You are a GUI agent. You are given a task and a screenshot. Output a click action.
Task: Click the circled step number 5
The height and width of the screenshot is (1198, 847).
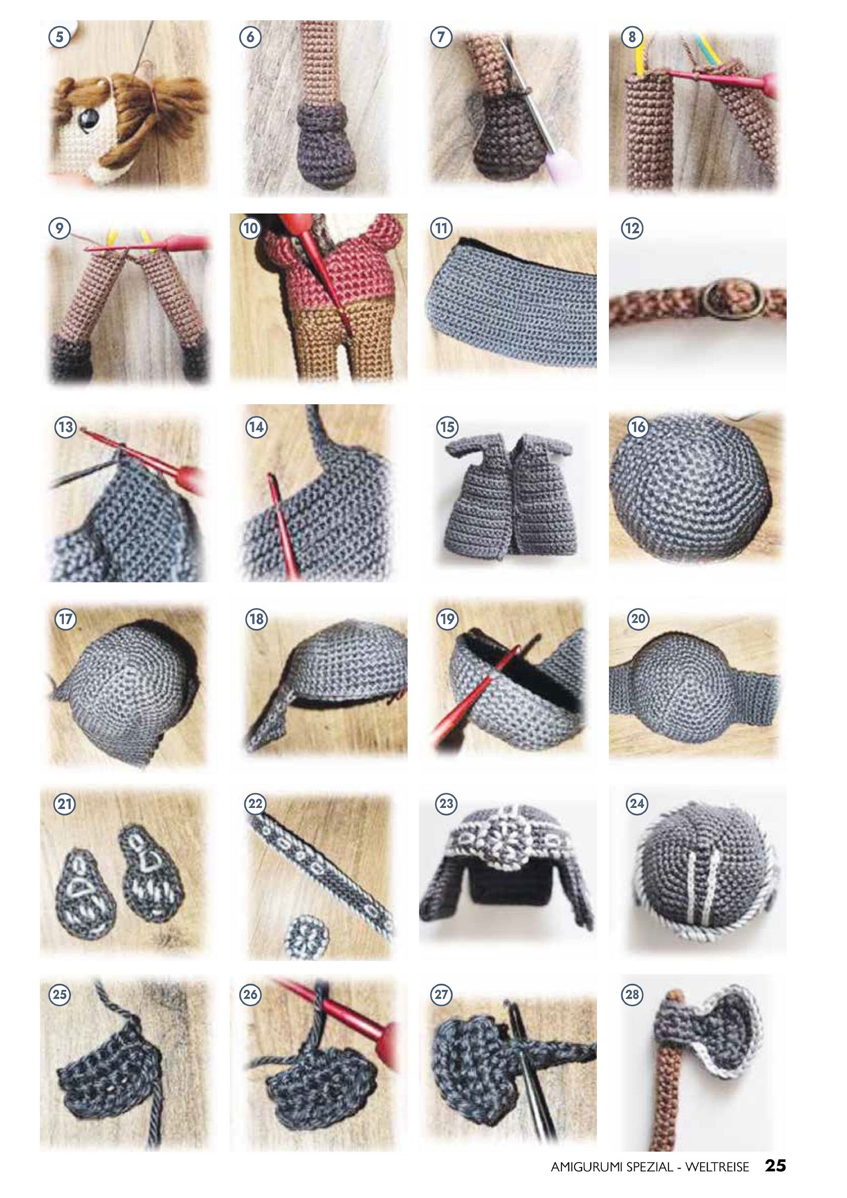(x=60, y=37)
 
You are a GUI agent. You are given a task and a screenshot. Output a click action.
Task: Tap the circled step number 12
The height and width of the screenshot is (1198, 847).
(x=632, y=228)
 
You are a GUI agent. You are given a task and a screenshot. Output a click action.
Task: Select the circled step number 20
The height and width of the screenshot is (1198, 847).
(x=638, y=619)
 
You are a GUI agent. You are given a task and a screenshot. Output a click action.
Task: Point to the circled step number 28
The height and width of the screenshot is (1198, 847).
(x=632, y=994)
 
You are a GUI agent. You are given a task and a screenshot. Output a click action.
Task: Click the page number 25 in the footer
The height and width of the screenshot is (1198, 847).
(x=775, y=1165)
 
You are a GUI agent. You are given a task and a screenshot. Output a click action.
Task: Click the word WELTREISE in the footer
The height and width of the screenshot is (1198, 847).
(x=717, y=1166)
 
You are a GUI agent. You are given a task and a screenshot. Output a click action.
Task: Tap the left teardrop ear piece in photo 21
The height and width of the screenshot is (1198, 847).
(x=86, y=893)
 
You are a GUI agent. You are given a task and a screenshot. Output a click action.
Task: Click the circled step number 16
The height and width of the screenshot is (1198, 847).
(x=638, y=427)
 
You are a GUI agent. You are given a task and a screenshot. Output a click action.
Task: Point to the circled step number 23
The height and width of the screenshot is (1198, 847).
(x=447, y=804)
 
